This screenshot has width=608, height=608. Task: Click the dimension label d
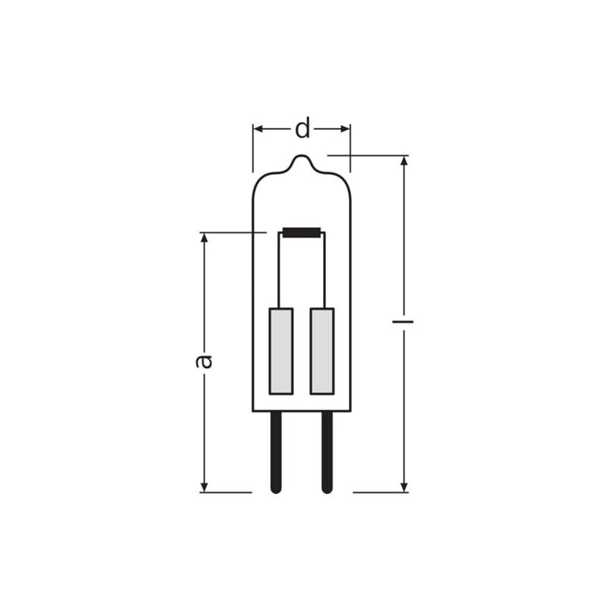[302, 128]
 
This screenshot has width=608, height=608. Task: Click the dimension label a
[204, 361]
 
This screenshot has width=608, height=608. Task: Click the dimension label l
[404, 321]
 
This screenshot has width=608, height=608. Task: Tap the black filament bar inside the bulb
[302, 233]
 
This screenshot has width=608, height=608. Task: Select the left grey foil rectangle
[281, 351]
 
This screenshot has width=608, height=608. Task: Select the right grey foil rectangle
[321, 351]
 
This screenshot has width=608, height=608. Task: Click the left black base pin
[276, 452]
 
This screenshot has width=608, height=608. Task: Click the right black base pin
[328, 452]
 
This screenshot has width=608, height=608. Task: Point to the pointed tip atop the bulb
[302, 156]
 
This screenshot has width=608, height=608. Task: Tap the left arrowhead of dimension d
[258, 128]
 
